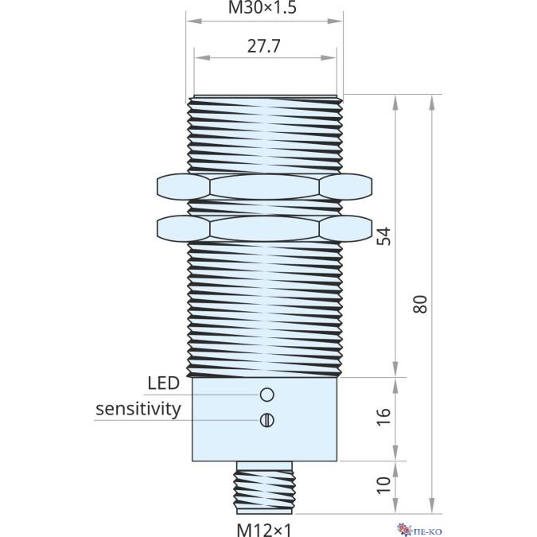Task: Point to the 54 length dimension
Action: click(383, 236)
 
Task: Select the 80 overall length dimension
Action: click(421, 302)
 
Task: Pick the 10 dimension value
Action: click(383, 484)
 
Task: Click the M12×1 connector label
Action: click(265, 529)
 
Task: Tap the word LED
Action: click(163, 383)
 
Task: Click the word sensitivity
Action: click(138, 409)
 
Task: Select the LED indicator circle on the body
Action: click(267, 394)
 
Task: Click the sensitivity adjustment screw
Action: click(267, 420)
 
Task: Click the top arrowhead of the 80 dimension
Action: click(433, 100)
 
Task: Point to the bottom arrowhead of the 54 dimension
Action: click(395, 372)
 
